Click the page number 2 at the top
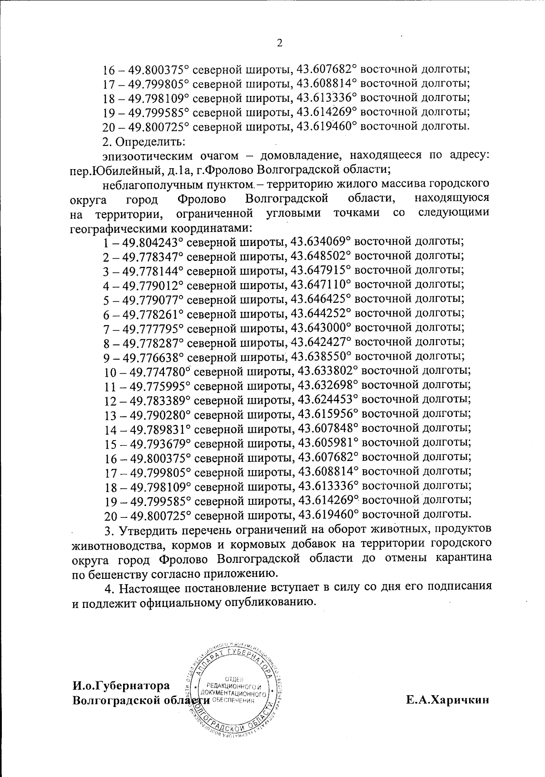[279, 44]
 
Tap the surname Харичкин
[447, 700]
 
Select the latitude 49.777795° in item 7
[151, 328]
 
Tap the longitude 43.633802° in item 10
[327, 371]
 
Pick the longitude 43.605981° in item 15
[327, 443]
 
